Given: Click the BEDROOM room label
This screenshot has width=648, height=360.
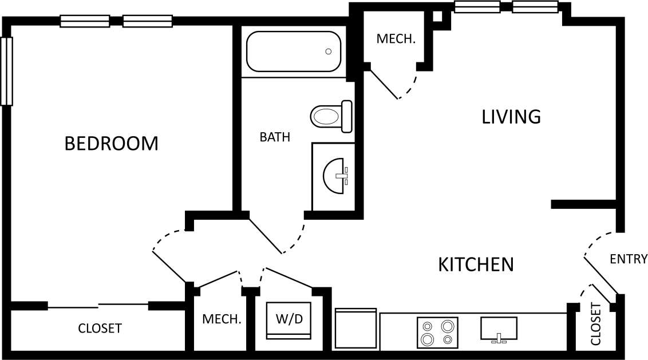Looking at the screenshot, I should (x=111, y=144).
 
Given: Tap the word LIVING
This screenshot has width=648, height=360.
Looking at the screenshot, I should (x=511, y=117).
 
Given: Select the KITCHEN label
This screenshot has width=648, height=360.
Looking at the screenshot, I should (x=476, y=264).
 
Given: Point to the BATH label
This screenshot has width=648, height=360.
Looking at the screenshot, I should (x=275, y=137).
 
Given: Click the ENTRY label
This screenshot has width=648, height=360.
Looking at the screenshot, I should (x=628, y=259).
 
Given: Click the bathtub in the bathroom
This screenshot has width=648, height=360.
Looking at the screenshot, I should (x=294, y=52).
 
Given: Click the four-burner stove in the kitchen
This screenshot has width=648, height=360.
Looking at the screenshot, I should (x=437, y=333).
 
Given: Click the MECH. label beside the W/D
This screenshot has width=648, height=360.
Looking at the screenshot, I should (x=222, y=319).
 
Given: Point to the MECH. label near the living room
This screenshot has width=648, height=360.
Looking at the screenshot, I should (x=396, y=39).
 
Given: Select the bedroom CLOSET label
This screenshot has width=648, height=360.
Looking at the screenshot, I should (x=100, y=329).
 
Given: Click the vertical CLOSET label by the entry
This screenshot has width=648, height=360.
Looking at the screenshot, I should (x=596, y=324).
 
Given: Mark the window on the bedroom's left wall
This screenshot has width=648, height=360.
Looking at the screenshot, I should (x=7, y=71).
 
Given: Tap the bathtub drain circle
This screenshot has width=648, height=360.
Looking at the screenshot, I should (x=328, y=52).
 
